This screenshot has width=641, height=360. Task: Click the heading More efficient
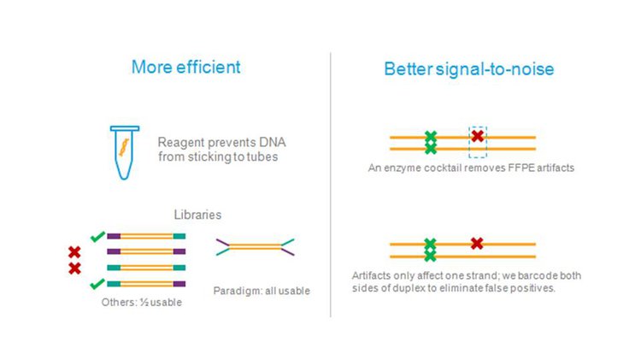pyautogui.click(x=186, y=67)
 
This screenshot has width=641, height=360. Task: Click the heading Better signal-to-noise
pyautogui.click(x=469, y=68)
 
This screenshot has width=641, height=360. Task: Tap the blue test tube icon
pyautogui.click(x=125, y=152)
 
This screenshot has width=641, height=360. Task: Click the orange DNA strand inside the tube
pyautogui.click(x=124, y=147)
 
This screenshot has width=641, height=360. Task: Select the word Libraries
pyautogui.click(x=197, y=215)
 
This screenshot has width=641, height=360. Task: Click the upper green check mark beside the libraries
pyautogui.click(x=97, y=237)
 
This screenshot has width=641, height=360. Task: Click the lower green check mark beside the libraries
pyautogui.click(x=97, y=284)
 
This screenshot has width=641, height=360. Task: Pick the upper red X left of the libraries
pyautogui.click(x=74, y=252)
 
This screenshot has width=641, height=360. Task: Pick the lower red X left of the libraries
pyautogui.click(x=74, y=269)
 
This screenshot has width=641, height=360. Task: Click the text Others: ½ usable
pyautogui.click(x=141, y=303)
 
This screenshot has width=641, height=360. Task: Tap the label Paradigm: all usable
pyautogui.click(x=262, y=291)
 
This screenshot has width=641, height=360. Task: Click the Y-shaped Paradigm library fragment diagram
pyautogui.click(x=255, y=246)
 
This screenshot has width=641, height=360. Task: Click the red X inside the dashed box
pyautogui.click(x=477, y=135)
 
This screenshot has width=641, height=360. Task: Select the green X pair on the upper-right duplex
pyautogui.click(x=431, y=142)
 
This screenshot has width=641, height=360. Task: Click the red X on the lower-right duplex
pyautogui.click(x=477, y=244)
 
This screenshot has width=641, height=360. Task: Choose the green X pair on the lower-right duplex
pyautogui.click(x=430, y=250)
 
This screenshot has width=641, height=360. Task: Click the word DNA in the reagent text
pyautogui.click(x=273, y=142)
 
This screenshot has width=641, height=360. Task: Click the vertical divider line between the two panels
pyautogui.click(x=330, y=185)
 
